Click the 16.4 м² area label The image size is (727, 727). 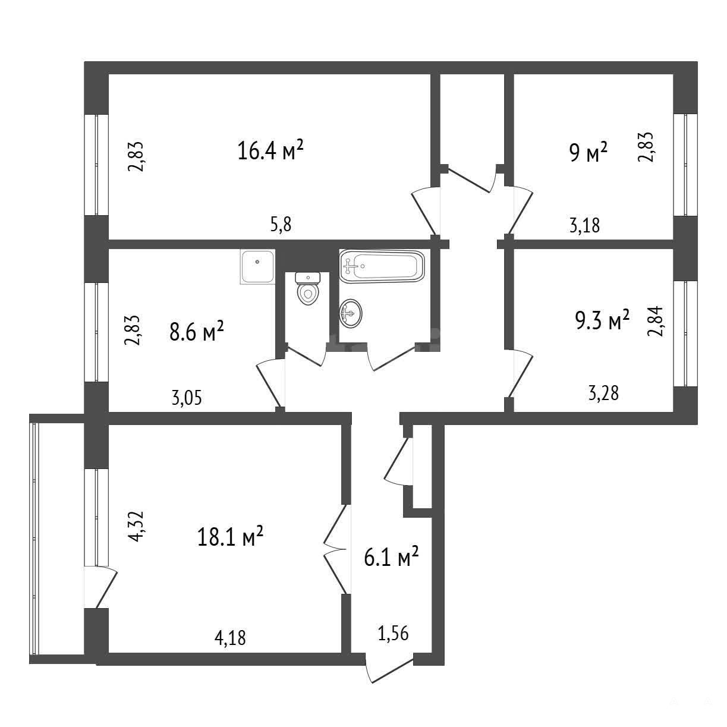pyautogui.click(x=270, y=150)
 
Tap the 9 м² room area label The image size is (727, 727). pyautogui.click(x=588, y=152)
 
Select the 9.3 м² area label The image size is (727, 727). pyautogui.click(x=602, y=320)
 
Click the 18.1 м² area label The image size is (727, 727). pyautogui.click(x=230, y=537)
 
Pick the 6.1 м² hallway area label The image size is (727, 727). pyautogui.click(x=392, y=557)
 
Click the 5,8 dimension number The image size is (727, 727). pyautogui.click(x=281, y=225)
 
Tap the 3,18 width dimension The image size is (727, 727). pyautogui.click(x=584, y=225)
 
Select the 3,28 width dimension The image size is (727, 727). pyautogui.click(x=603, y=394)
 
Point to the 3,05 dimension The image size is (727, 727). pyautogui.click(x=187, y=398)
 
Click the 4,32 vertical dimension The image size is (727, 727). pyautogui.click(x=136, y=526)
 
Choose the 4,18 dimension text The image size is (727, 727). pyautogui.click(x=230, y=638)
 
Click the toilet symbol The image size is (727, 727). pyautogui.click(x=309, y=289)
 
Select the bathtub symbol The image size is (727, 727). pyautogui.click(x=382, y=266)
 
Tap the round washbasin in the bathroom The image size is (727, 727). pyautogui.click(x=351, y=313)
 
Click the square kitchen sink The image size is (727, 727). pyautogui.click(x=257, y=267)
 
